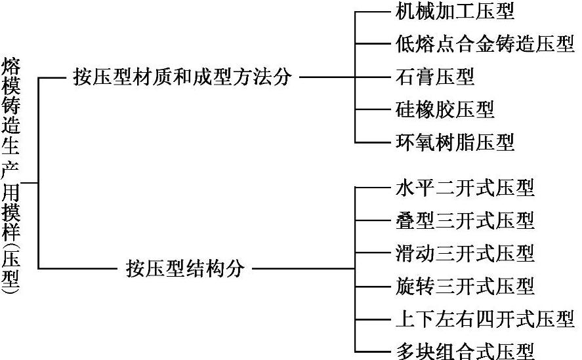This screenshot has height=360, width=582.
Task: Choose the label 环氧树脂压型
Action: tap(455, 142)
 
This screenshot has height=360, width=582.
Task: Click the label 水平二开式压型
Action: tap(465, 188)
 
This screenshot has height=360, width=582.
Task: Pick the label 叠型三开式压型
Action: tap(465, 220)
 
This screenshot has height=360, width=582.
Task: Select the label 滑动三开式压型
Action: tap(465, 252)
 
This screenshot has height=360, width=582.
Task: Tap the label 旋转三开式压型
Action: tap(465, 285)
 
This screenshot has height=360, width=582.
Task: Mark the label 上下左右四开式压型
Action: tap(485, 319)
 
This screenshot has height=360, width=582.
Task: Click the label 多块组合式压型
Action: tap(465, 350)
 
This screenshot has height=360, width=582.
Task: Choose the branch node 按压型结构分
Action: tap(185, 268)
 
